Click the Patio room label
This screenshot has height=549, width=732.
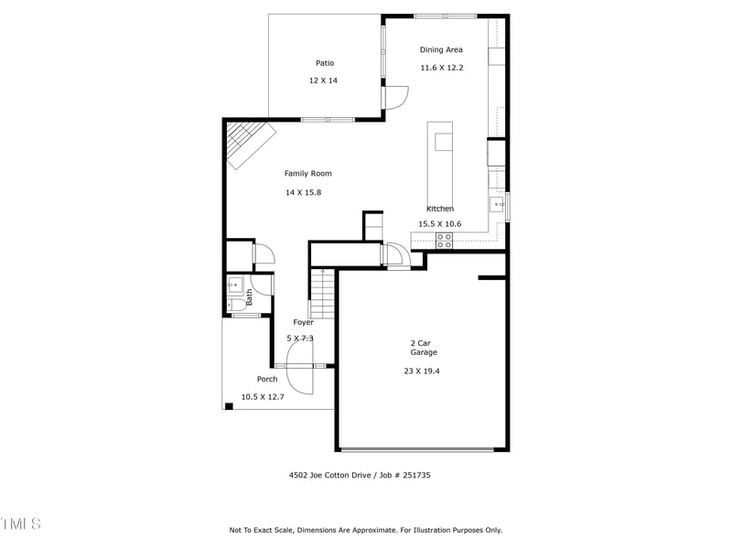coord(325,63)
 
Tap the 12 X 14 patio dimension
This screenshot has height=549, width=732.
coord(323,81)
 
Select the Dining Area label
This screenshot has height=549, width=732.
coord(441,49)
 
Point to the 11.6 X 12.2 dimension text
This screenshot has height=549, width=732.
coord(442,67)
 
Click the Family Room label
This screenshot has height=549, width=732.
coord(307,173)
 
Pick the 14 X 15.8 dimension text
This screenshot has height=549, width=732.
coord(303,192)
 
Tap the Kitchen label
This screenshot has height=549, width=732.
coord(439,209)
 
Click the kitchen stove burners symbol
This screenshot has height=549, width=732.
coord(444,241)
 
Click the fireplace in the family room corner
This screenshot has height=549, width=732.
coord(249,144)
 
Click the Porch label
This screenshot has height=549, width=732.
coord(267,379)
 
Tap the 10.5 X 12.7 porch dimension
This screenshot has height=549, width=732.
coord(263,396)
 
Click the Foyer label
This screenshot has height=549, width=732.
coord(303,322)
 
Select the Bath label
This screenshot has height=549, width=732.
coord(249,296)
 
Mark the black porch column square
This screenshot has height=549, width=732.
coord(228,405)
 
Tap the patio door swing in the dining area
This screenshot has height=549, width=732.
coord(395,97)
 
